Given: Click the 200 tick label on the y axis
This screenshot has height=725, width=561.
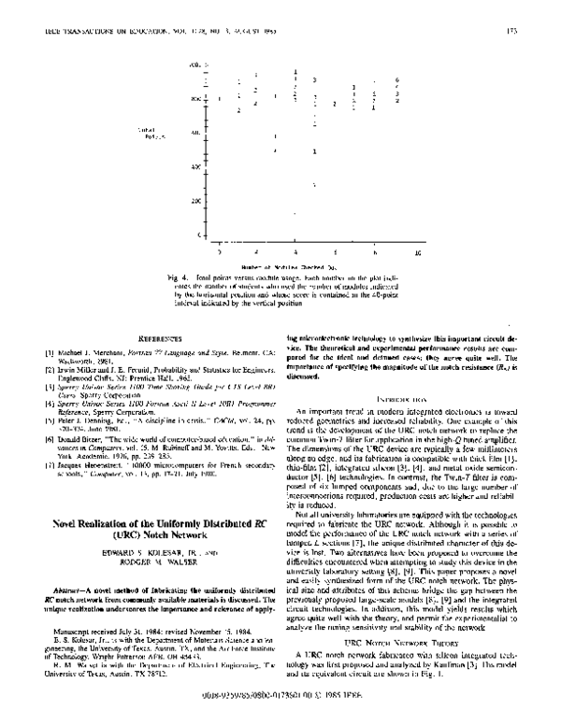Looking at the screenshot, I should [195, 201].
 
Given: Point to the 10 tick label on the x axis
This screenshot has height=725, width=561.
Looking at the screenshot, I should [417, 253].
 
